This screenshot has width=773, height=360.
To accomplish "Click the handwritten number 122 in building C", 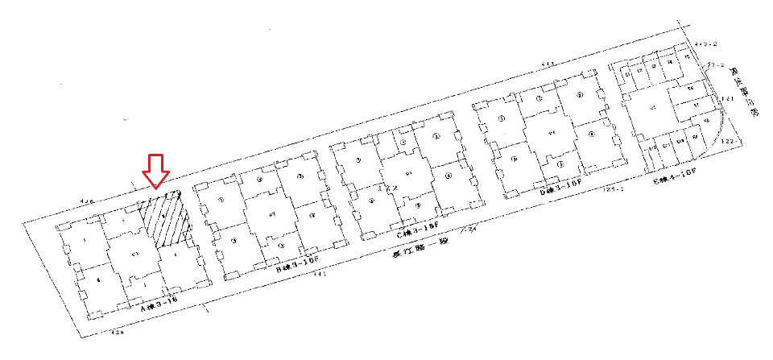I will point(392,188).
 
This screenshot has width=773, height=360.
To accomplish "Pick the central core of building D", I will point(552,133).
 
